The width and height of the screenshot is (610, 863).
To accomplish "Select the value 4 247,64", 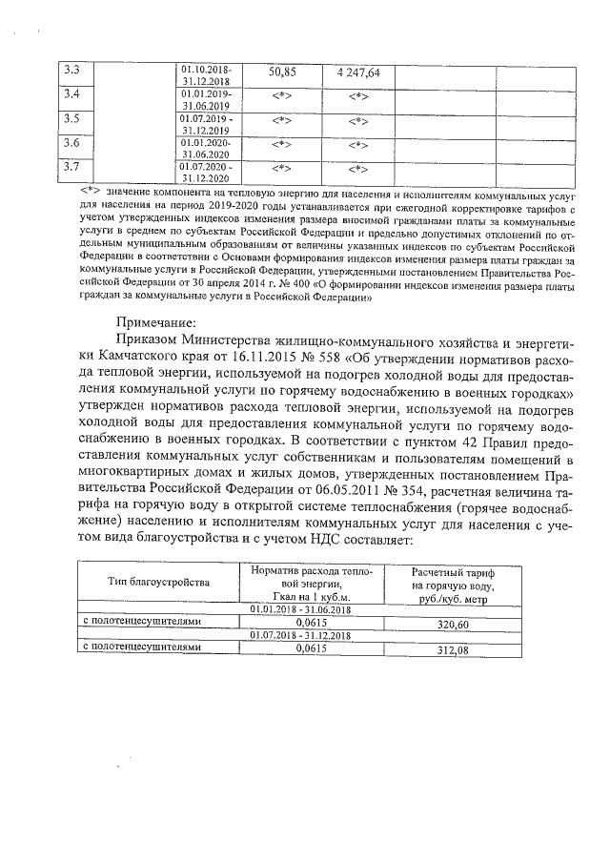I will pyautogui.click(x=358, y=72).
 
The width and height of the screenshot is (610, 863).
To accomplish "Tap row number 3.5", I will pyautogui.click(x=70, y=119).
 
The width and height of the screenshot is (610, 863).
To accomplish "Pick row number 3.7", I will pyautogui.click(x=70, y=168).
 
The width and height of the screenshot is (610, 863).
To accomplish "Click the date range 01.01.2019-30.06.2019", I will pyautogui.click(x=208, y=100).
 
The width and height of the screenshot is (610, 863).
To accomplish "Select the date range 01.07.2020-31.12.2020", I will pyautogui.click(x=208, y=173).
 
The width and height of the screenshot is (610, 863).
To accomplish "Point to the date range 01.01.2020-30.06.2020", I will pyautogui.click(x=208, y=148).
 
